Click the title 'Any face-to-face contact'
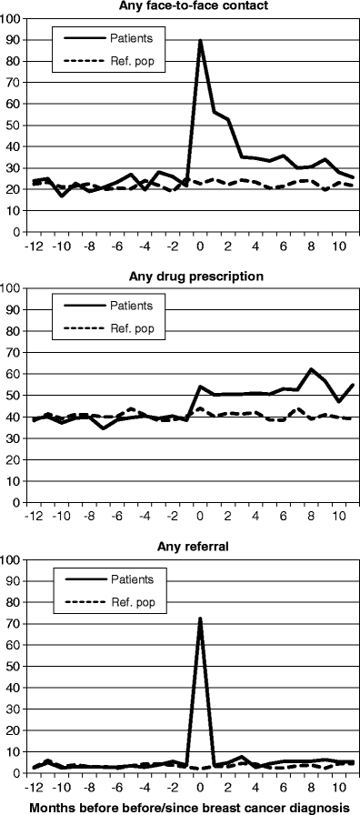tap(191, 6)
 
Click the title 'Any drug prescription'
tap(191, 277)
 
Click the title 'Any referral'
tap(191, 548)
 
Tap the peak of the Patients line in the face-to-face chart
tap(200, 41)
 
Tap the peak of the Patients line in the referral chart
tap(200, 619)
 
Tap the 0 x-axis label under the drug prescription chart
tap(200, 517)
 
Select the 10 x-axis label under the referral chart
tap(337, 788)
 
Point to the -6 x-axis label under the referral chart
tap(117, 788)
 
